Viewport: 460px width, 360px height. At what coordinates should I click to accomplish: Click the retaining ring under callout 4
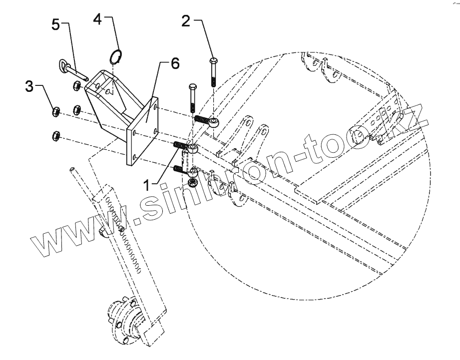[x=116, y=56]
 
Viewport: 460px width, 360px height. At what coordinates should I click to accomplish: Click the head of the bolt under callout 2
[x=213, y=60]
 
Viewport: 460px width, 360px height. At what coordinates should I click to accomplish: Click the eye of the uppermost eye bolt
[x=213, y=122]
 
